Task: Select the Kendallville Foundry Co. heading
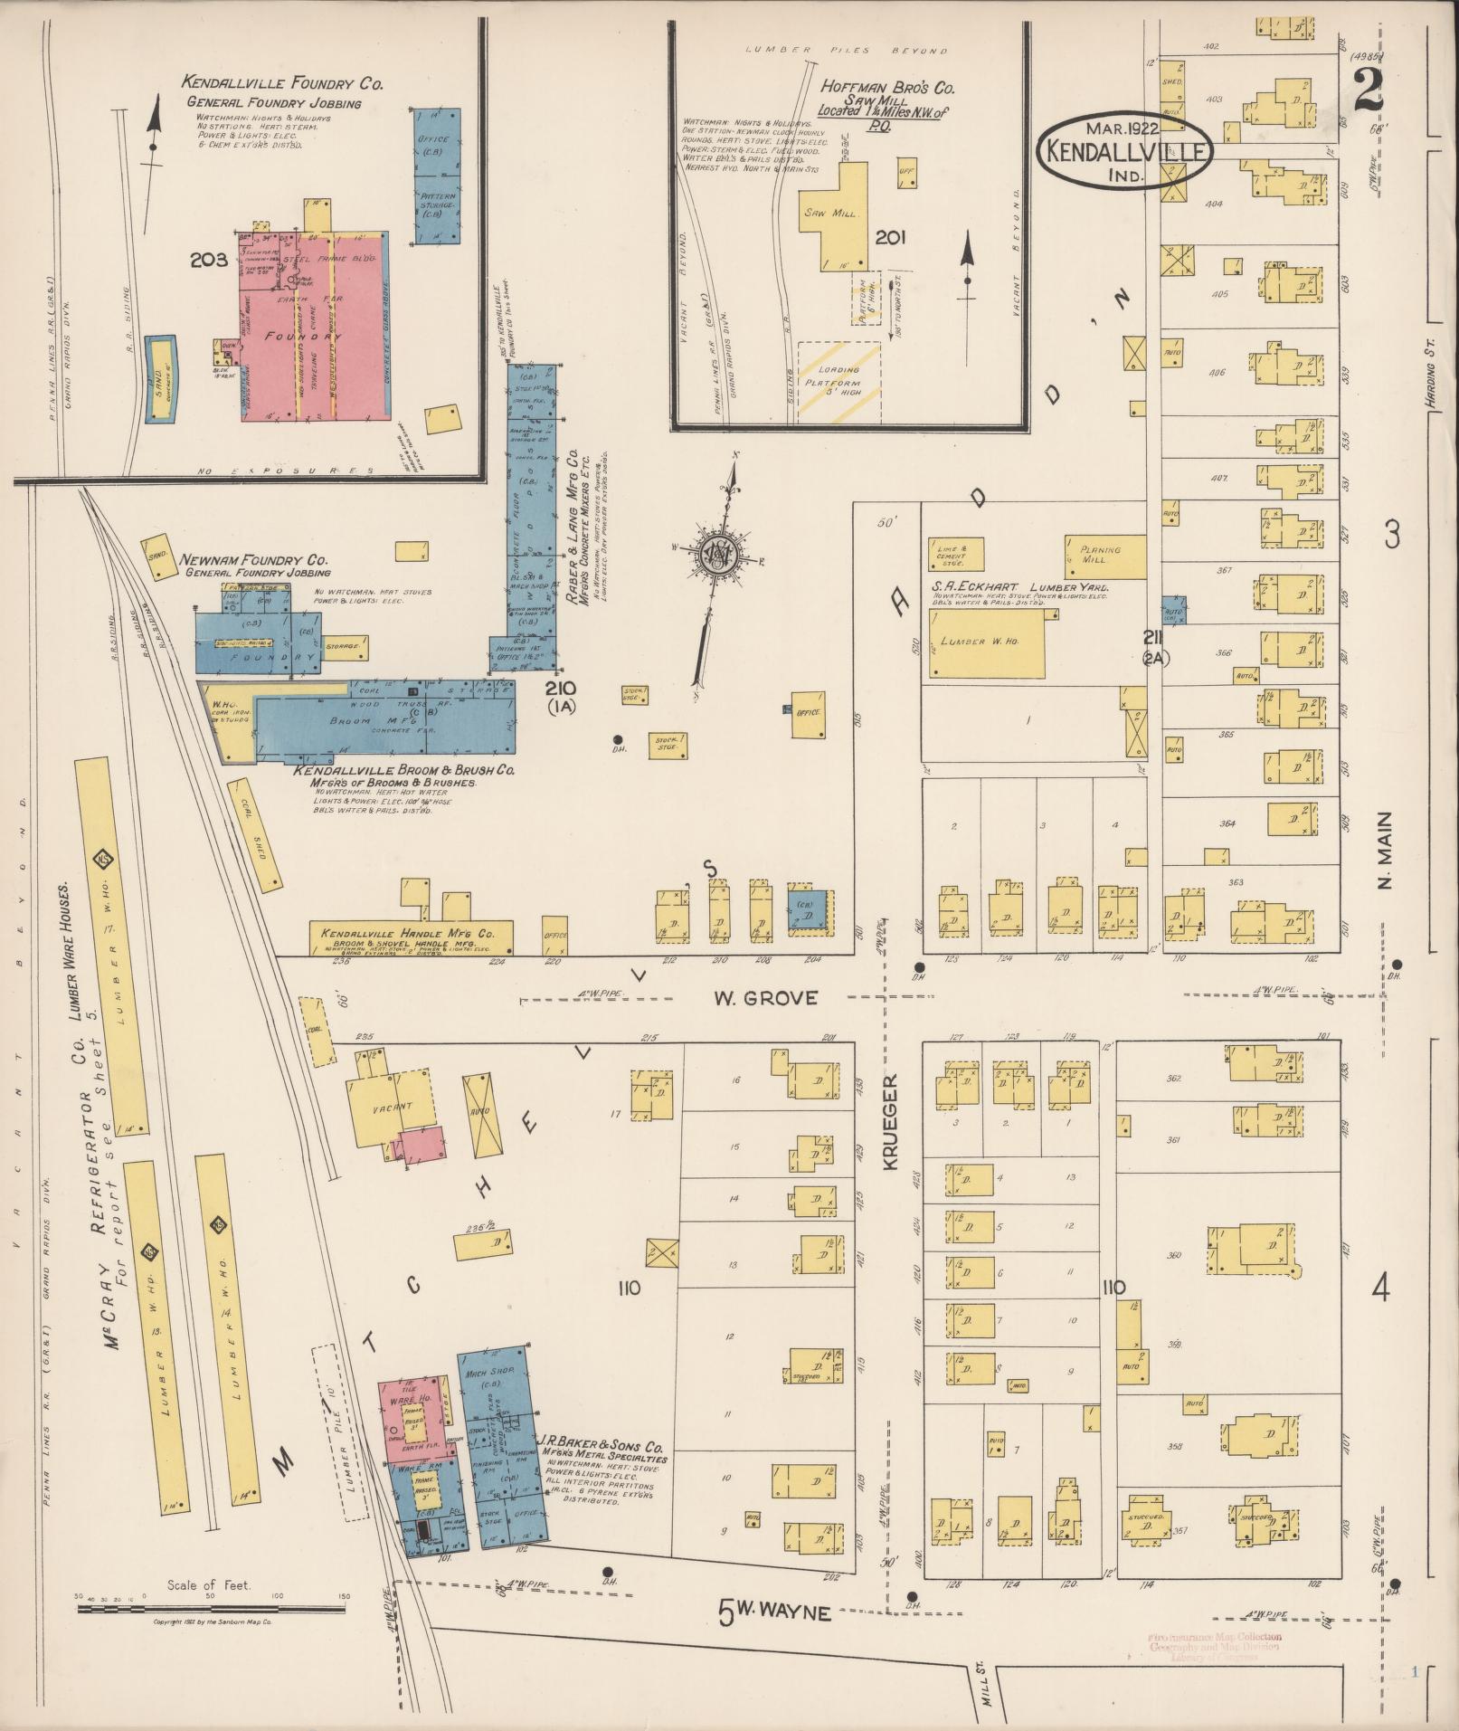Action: coord(282,83)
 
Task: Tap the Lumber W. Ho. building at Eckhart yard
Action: coord(986,642)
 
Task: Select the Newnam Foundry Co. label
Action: coord(255,560)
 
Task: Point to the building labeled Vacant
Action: coord(392,1106)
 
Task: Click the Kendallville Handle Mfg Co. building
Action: coord(411,937)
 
